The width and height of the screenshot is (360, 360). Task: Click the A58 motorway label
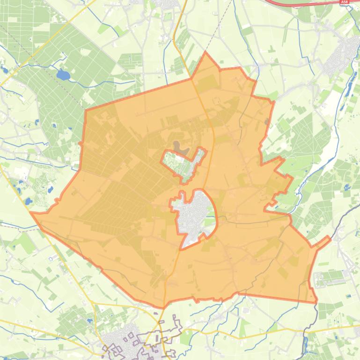(345, 2)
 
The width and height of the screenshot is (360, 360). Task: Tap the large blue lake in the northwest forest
(62, 75)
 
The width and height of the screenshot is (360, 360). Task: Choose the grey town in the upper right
(344, 56)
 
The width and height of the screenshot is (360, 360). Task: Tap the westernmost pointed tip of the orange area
(31, 213)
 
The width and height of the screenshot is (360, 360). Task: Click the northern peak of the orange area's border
(205, 53)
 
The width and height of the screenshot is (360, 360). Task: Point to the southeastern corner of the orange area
(316, 302)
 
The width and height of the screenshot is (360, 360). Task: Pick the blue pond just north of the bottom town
(89, 321)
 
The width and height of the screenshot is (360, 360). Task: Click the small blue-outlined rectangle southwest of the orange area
(51, 259)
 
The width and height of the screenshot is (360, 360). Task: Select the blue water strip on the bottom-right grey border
(305, 346)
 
